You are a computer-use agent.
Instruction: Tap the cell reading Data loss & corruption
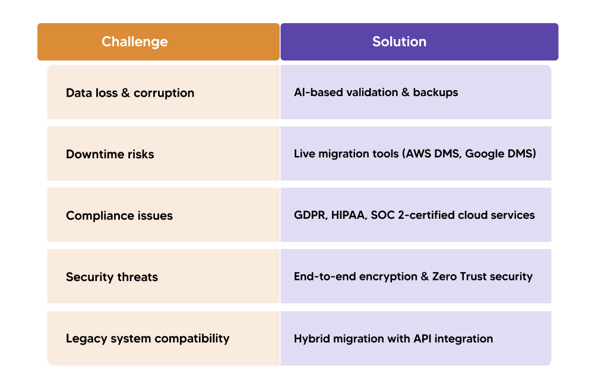coord(130,93)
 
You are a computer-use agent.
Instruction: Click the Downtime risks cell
coord(110,154)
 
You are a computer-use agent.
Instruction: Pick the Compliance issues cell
coord(119,216)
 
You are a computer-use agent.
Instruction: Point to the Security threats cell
coord(112,277)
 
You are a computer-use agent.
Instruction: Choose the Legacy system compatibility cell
coord(147,339)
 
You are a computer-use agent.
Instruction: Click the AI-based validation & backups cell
coord(376,93)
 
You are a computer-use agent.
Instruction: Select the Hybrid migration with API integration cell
coord(393,339)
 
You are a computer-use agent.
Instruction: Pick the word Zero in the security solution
coord(444,276)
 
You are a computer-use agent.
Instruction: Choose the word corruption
coord(164,93)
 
